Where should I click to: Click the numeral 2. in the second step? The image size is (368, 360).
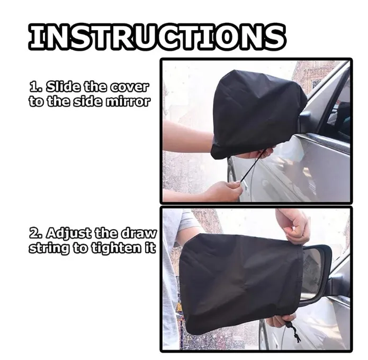click(x=36, y=233)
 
